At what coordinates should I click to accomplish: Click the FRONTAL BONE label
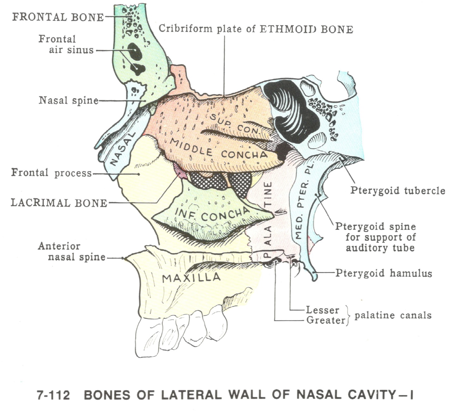[58, 17]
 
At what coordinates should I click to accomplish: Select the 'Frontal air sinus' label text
[66, 45]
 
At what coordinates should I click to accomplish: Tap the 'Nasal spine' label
[69, 101]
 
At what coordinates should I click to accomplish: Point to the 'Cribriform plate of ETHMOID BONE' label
[256, 29]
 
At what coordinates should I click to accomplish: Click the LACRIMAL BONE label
[59, 203]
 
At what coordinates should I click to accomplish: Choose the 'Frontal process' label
[51, 173]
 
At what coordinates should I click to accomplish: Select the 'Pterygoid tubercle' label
[397, 191]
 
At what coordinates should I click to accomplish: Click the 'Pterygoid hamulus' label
[383, 273]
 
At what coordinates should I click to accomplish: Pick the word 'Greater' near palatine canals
[325, 320]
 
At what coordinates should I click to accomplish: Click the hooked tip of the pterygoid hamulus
[314, 278]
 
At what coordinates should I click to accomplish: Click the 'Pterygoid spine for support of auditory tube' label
[380, 237]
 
